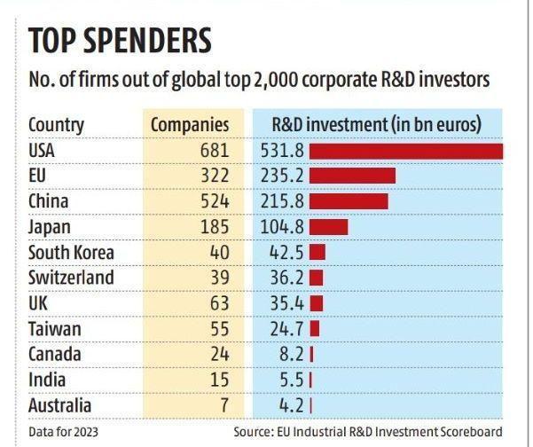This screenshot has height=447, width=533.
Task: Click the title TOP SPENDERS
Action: click(120, 41)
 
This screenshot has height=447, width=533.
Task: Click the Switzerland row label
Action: click(71, 278)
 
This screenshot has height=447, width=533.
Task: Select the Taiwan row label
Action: click(55, 329)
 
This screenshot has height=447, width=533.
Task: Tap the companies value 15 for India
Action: click(219, 380)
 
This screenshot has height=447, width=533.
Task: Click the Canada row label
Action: click(55, 355)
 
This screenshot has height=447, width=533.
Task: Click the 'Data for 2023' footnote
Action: click(62, 432)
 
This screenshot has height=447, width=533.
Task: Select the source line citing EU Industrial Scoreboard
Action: click(368, 432)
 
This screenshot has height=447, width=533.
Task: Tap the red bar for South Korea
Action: click(317, 252)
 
